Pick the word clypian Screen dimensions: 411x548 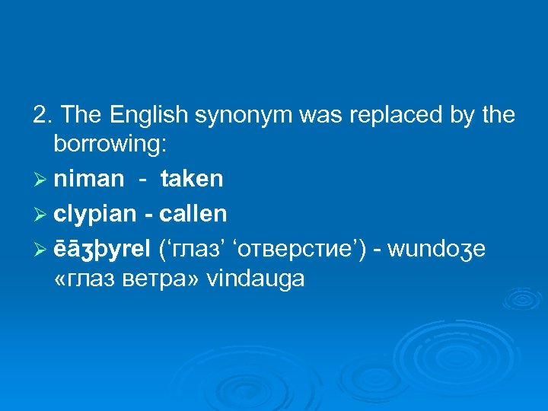click(x=96, y=215)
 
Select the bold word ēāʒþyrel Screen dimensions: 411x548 click(x=102, y=248)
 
